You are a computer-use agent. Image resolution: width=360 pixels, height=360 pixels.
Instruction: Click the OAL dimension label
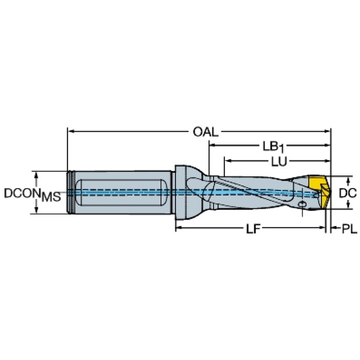point(206,132)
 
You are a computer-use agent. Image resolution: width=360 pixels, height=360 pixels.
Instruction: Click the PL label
point(349,229)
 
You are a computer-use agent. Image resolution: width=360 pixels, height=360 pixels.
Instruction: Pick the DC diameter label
point(348,192)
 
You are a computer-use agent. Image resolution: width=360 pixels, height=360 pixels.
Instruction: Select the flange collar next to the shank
point(180,192)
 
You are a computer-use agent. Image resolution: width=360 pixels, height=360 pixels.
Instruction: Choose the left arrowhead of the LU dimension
point(227,161)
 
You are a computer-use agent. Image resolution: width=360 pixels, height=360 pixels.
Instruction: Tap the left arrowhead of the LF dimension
point(178,229)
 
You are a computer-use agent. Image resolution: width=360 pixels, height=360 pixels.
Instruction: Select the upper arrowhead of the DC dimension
point(348,179)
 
